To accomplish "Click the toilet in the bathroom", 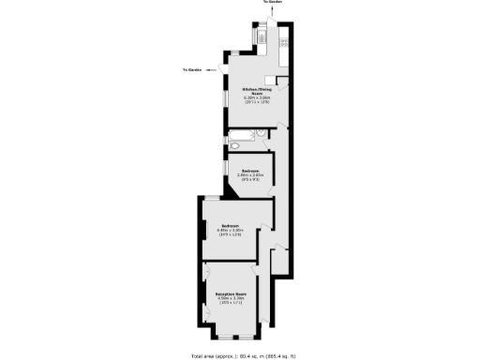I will pos(233,147).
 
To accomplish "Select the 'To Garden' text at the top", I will pos(272,3).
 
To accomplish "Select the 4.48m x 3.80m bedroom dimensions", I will pos(231,230).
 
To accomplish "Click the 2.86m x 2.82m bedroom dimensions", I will pos(248,175).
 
